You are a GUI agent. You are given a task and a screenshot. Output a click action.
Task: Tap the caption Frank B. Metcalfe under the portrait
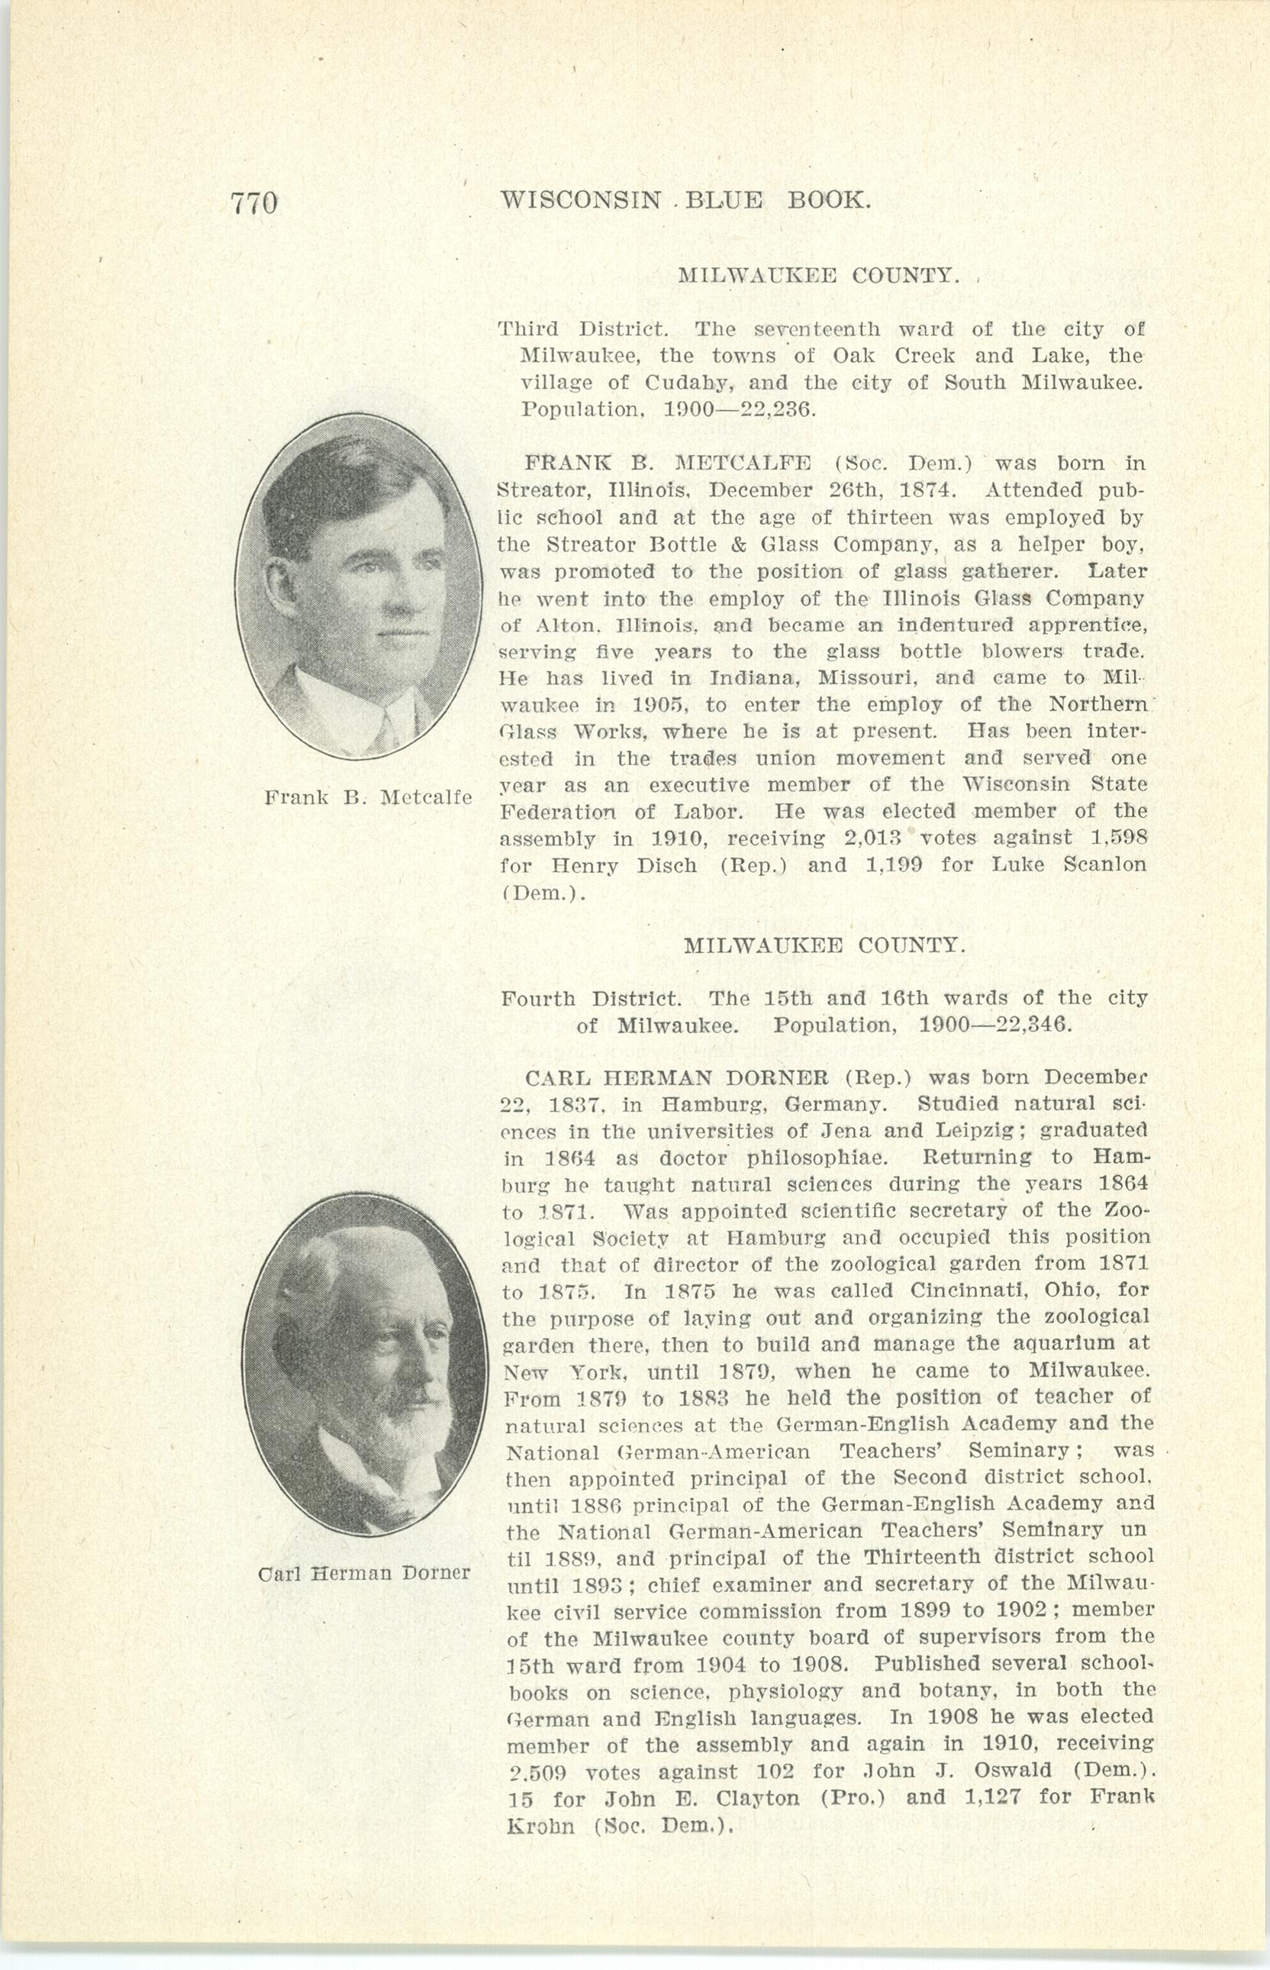click(x=368, y=798)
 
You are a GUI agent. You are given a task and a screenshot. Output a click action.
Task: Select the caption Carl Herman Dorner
click(x=364, y=1572)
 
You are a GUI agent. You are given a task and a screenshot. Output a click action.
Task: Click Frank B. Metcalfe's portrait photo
click(x=358, y=585)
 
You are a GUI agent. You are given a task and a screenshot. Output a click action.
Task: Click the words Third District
click(x=582, y=330)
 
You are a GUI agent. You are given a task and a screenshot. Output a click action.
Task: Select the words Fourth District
click(x=591, y=999)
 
